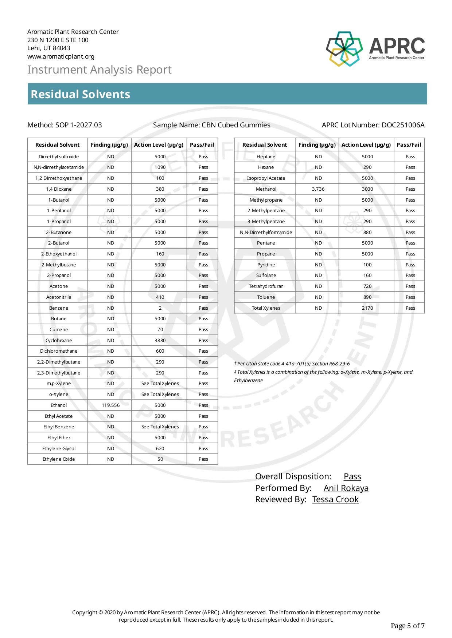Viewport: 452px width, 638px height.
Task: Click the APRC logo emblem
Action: pyautogui.click(x=344, y=48)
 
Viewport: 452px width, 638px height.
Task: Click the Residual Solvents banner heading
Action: pyautogui.click(x=81, y=94)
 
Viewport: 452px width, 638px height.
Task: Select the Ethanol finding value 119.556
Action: pyautogui.click(x=110, y=405)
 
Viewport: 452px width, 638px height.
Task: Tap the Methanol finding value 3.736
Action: pyautogui.click(x=318, y=189)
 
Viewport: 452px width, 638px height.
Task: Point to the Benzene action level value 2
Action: pyautogui.click(x=160, y=308)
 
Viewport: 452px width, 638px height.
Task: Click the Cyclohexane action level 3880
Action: pyautogui.click(x=160, y=340)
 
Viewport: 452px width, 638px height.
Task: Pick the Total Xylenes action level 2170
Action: pyautogui.click(x=367, y=308)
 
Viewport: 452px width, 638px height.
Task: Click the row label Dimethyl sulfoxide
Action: pyautogui.click(x=59, y=156)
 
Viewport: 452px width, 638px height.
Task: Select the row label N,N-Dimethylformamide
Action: pyautogui.click(x=266, y=232)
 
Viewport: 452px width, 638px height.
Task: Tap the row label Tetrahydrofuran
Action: pyautogui.click(x=266, y=286)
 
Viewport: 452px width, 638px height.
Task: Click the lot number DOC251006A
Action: pyautogui.click(x=403, y=125)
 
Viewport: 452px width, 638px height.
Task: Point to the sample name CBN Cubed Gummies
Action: pyautogui.click(x=236, y=125)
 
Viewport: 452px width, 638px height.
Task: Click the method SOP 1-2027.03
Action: pyautogui.click(x=78, y=125)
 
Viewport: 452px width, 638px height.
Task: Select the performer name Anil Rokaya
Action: pyautogui.click(x=346, y=488)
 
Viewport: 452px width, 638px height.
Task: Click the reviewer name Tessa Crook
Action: pyautogui.click(x=335, y=499)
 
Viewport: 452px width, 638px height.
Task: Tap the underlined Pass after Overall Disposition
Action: pyautogui.click(x=352, y=476)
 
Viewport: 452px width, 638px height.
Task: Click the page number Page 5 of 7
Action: pyautogui.click(x=407, y=626)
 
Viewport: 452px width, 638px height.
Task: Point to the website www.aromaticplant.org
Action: pyautogui.click(x=61, y=56)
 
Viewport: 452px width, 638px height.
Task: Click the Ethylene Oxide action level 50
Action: pyautogui.click(x=160, y=459)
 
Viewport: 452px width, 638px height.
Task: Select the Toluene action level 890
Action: pyautogui.click(x=367, y=297)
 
